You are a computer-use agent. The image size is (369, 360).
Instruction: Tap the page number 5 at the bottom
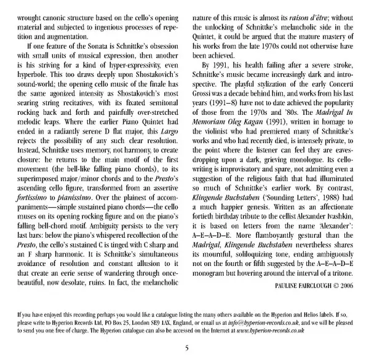(184, 348)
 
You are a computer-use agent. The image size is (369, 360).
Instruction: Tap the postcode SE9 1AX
(137, 320)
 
